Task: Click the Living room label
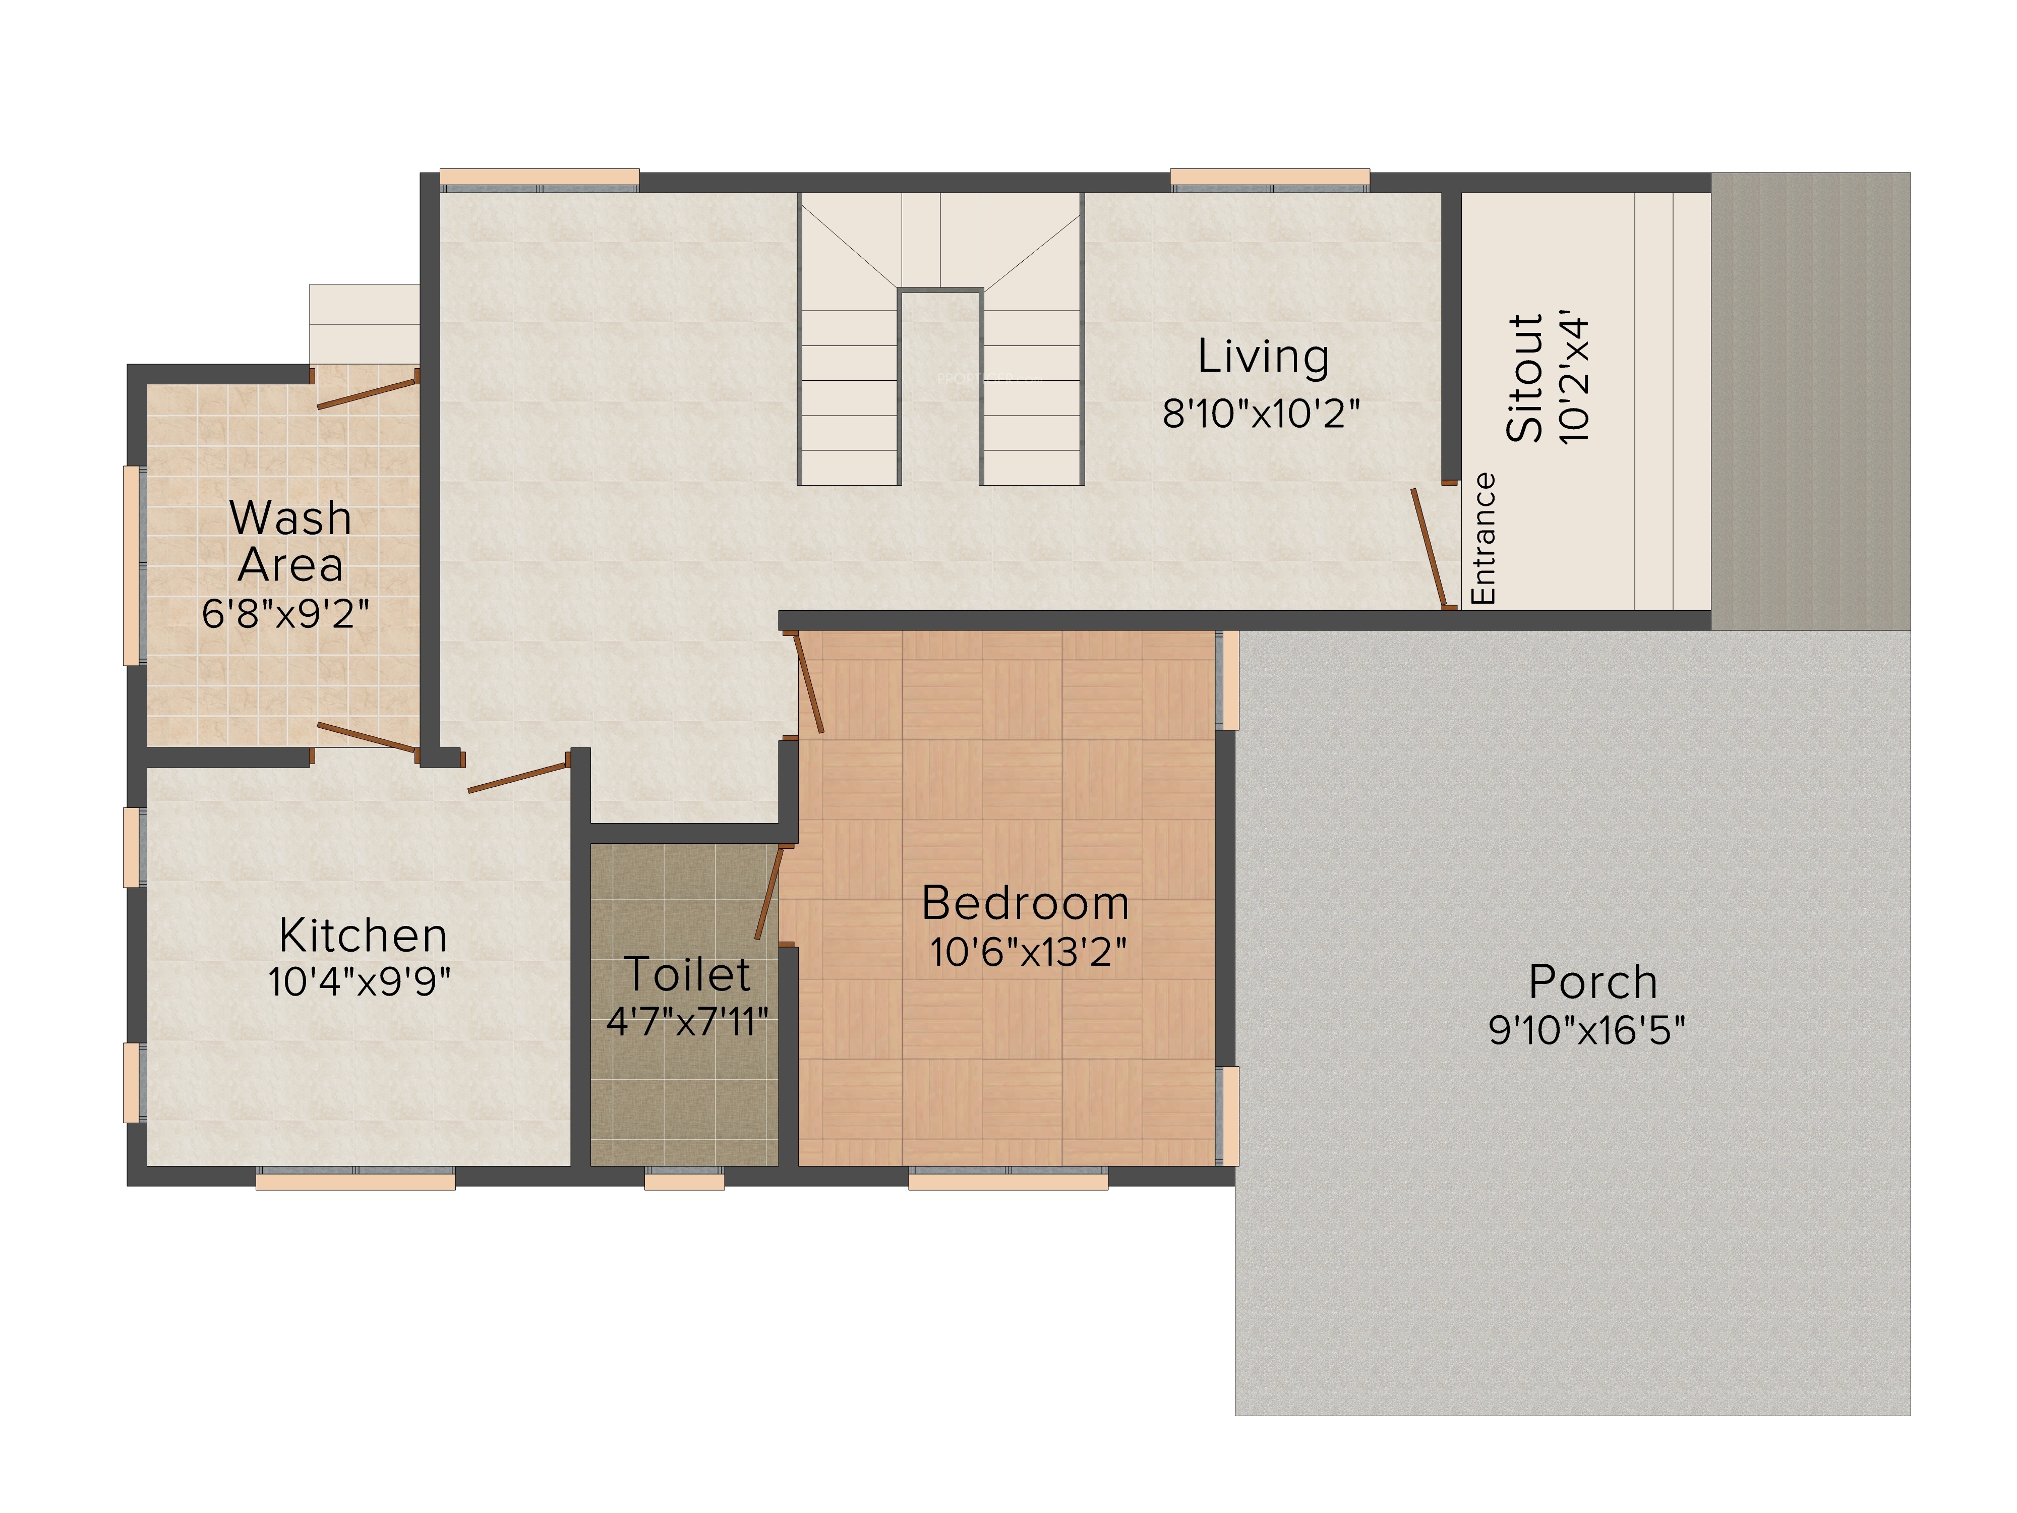(x=1263, y=358)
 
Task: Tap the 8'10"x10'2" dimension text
(x=1261, y=414)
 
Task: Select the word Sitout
(x=1525, y=378)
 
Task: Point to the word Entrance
(x=1484, y=538)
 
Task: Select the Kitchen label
(x=363, y=936)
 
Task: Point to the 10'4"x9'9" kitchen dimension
(x=359, y=983)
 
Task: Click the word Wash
(x=290, y=518)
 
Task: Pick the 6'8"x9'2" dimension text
(x=285, y=614)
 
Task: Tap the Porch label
(x=1593, y=982)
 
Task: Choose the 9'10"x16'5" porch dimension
(x=1586, y=1030)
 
